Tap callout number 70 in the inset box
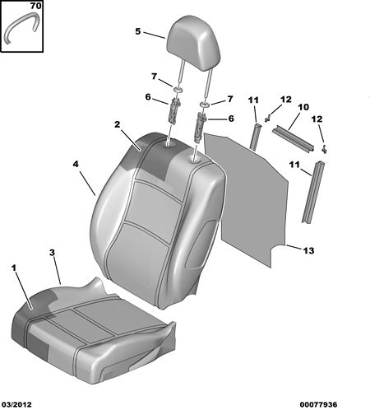[35, 6]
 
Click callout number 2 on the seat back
[118, 124]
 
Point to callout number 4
[76, 164]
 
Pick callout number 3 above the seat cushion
[52, 253]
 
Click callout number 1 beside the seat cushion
[14, 268]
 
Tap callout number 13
[308, 250]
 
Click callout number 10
[303, 107]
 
